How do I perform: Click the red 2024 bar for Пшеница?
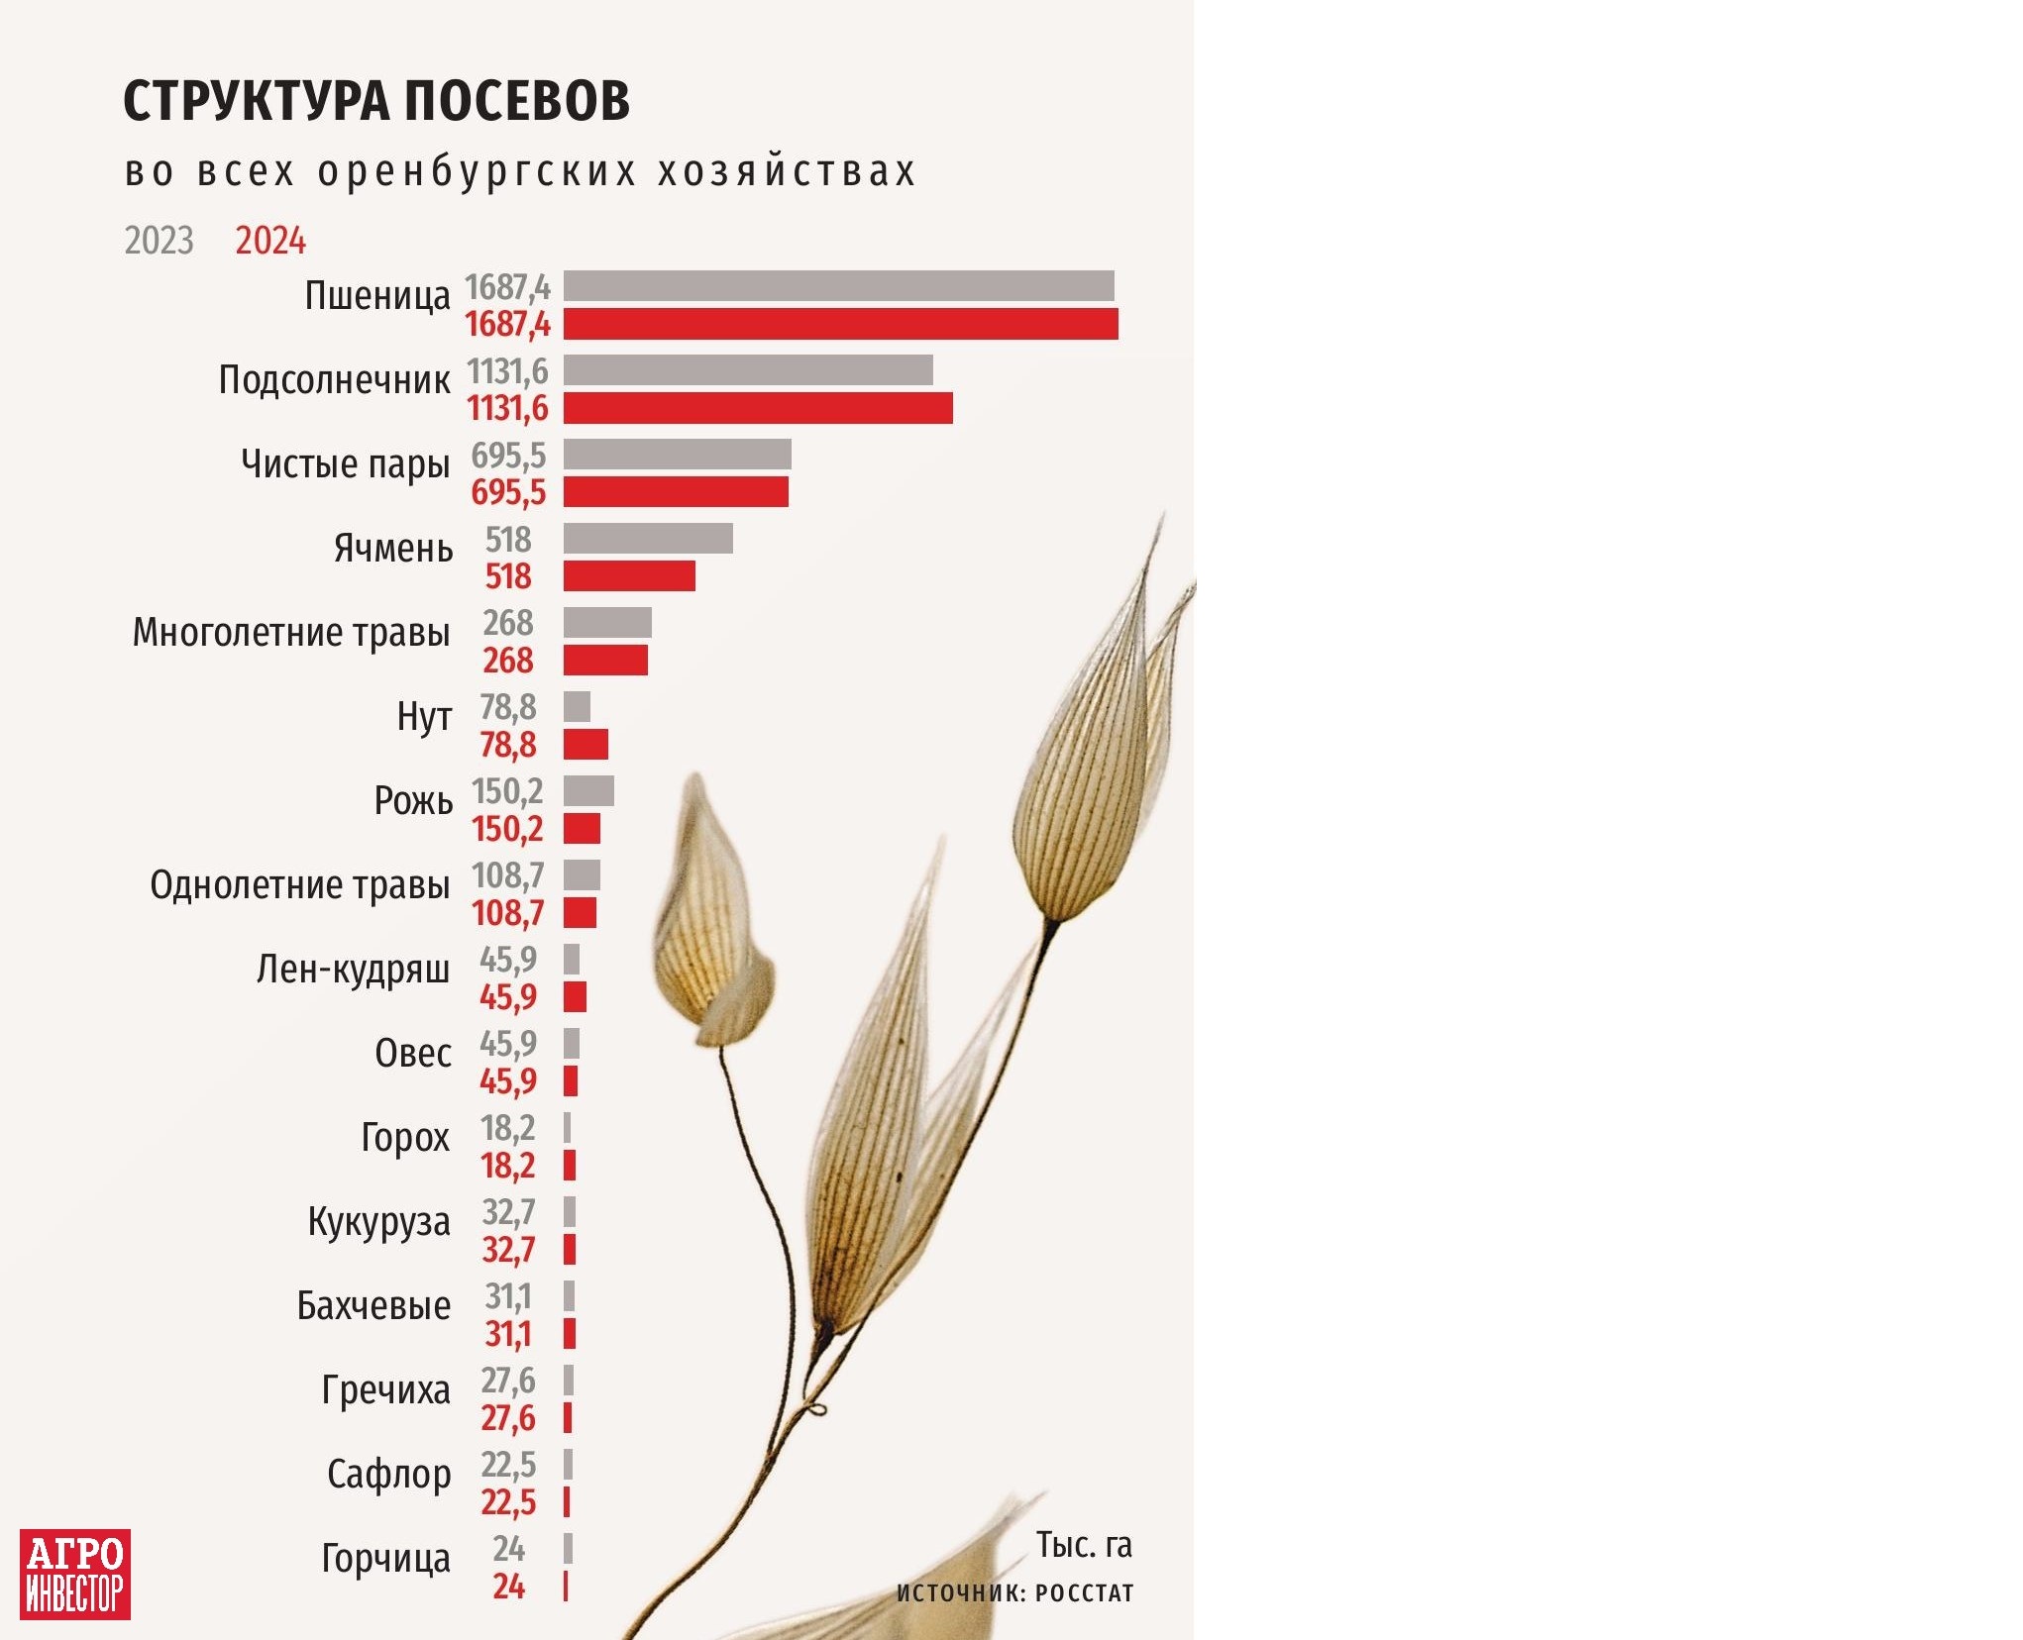[x=840, y=324]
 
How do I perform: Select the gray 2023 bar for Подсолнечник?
[x=748, y=370]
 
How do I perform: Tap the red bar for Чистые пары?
[x=676, y=492]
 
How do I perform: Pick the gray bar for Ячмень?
[x=648, y=539]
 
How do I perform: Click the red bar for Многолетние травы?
[x=605, y=661]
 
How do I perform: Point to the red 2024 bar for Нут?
[x=586, y=745]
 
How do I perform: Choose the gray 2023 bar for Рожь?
[x=588, y=791]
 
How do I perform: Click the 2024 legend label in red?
[x=270, y=241]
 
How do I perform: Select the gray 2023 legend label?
[x=159, y=241]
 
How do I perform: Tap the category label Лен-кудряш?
[x=353, y=970]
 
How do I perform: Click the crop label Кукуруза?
[x=378, y=1223]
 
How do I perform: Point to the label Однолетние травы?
[x=299, y=885]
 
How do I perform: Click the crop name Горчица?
[x=385, y=1559]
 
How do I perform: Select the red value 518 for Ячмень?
[x=508, y=576]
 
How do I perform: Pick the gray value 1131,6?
[x=507, y=371]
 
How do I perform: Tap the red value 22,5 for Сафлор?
[x=508, y=1502]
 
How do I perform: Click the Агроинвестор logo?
[x=75, y=1575]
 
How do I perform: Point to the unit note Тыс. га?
[x=1084, y=1545]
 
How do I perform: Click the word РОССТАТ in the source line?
[x=1084, y=1593]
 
